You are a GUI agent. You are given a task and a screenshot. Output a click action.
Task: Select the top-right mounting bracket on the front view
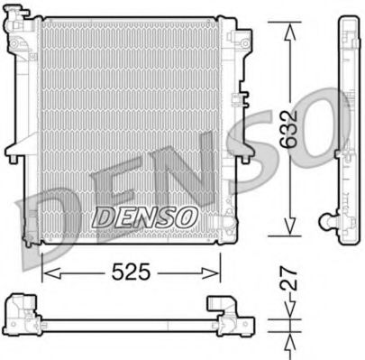coord(239,38)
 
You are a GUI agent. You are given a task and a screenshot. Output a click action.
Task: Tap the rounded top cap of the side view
coord(348,23)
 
